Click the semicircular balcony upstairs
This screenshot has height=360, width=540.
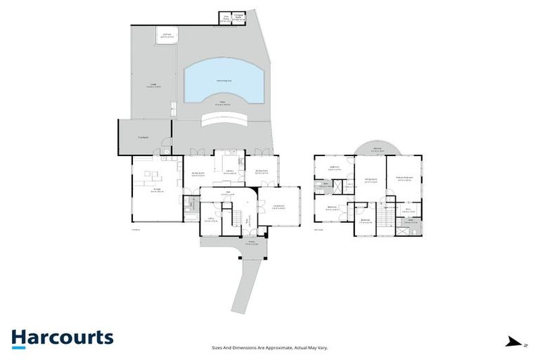click(377, 148)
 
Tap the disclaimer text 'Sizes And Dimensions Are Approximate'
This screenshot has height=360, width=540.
click(270, 347)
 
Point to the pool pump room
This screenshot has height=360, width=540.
click(225, 18)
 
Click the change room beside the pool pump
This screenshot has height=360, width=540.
click(238, 18)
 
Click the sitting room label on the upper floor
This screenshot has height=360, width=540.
click(370, 180)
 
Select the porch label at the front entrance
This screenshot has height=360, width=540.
click(250, 243)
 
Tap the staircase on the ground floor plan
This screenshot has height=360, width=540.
click(240, 214)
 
